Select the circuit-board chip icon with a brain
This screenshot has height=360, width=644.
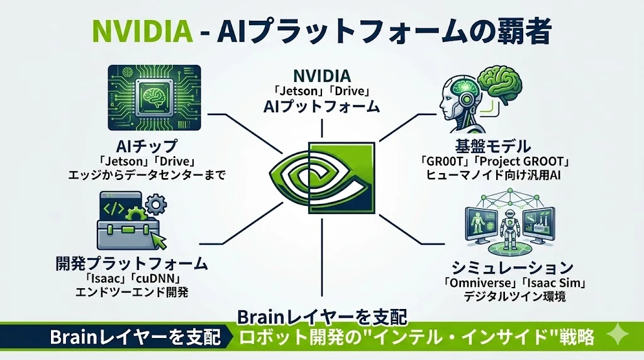coord(154,96)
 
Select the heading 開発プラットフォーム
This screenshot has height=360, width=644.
coord(139,262)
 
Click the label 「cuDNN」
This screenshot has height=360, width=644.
coord(160,278)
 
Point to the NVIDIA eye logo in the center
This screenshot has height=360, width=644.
coord(322,179)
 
